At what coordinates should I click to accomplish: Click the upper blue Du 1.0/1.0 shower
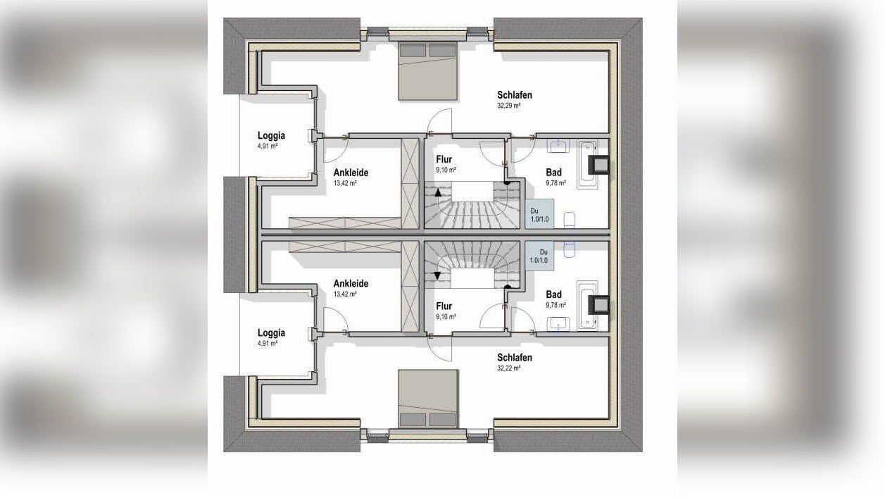pyautogui.click(x=539, y=214)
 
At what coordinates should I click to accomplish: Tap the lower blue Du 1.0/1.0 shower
pyautogui.click(x=539, y=256)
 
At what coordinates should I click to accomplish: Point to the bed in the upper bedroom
pyautogui.click(x=428, y=70)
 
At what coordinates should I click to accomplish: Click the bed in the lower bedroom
pyautogui.click(x=428, y=399)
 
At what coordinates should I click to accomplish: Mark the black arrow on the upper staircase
pyautogui.click(x=438, y=193)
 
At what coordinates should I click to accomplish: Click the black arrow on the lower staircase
pyautogui.click(x=438, y=276)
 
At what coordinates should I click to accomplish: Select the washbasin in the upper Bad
pyautogui.click(x=558, y=146)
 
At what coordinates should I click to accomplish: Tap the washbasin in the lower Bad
pyautogui.click(x=558, y=324)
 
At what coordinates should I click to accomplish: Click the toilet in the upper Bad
pyautogui.click(x=570, y=220)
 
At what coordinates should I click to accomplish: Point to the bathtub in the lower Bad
pyautogui.click(x=587, y=306)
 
